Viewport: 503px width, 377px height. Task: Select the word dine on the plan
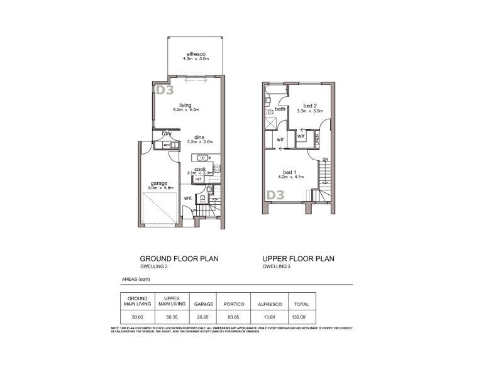[x=199, y=137]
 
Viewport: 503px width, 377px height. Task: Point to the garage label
[x=158, y=183]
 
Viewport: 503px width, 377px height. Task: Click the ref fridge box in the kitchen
[x=197, y=179]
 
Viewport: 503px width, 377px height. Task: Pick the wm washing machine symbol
[x=166, y=145]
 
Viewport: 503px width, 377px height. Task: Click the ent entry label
[x=187, y=199]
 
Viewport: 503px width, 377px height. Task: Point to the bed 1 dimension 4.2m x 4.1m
[x=291, y=177]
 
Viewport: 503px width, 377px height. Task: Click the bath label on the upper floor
[x=280, y=109]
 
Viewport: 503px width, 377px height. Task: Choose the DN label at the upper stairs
[x=325, y=160]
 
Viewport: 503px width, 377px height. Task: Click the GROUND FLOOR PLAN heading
[x=179, y=258]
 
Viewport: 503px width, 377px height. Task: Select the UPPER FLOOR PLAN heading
[x=299, y=258]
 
